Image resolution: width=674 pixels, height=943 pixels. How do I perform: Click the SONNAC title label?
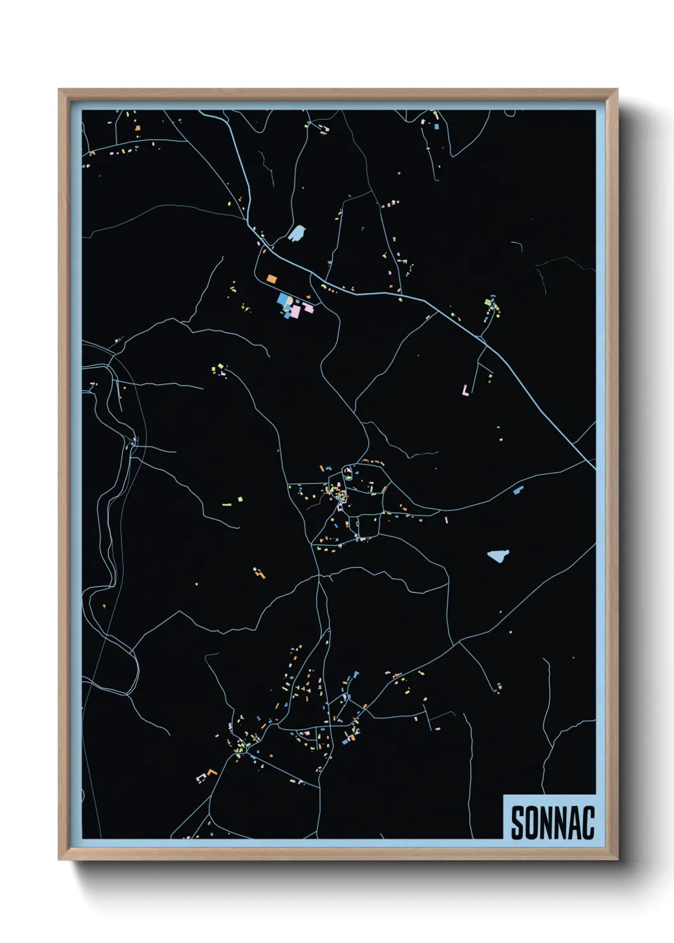tap(552, 821)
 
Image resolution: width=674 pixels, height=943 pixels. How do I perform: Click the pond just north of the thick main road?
tap(297, 233)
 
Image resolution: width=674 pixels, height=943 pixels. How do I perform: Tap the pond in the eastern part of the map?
tap(498, 556)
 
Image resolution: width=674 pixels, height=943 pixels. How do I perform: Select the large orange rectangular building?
tap(271, 278)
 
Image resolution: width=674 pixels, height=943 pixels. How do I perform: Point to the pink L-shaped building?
tap(466, 389)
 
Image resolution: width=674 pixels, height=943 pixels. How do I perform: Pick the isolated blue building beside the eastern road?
tap(518, 490)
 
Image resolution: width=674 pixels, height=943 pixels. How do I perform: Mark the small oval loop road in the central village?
tap(348, 473)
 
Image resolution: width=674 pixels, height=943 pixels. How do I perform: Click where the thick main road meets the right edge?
tap(594, 468)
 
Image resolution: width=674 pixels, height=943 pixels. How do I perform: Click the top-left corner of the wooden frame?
tap(59, 90)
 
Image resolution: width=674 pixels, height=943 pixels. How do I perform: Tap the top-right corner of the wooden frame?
tap(617, 90)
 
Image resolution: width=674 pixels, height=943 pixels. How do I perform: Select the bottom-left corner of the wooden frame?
tap(59, 859)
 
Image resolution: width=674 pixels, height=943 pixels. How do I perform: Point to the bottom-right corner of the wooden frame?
tap(617, 859)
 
